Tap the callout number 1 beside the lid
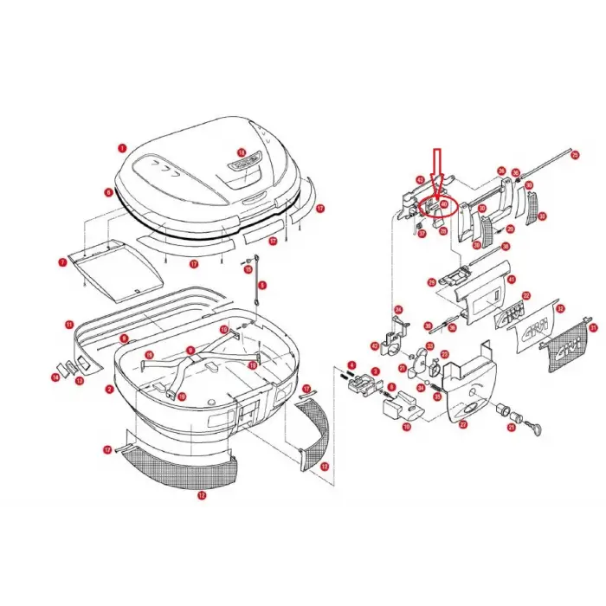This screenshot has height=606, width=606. pos(123,148)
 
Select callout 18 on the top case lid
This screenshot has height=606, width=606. pos(242,152)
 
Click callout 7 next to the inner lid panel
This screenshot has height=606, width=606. pos(62,261)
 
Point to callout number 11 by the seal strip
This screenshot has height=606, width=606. pos(69,325)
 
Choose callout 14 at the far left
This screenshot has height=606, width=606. pos(55,377)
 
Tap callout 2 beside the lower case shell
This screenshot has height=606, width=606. pos(109,389)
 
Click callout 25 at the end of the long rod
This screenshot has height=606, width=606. pos(574,154)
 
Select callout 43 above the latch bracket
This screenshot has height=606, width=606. pos(420,180)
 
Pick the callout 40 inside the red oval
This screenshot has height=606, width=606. pos(443,205)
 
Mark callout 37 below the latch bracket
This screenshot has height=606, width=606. pos(422,233)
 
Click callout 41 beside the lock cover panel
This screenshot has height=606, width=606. pos(512,279)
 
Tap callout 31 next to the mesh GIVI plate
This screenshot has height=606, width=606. pos(592,327)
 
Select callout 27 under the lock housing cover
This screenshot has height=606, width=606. pos(462,425)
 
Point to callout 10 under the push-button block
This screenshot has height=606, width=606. pos(408,426)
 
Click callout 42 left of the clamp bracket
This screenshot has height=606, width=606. pos(376,345)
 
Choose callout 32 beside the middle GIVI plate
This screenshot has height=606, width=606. pos(560,309)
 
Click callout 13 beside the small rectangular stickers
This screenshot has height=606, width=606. pos(79,380)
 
